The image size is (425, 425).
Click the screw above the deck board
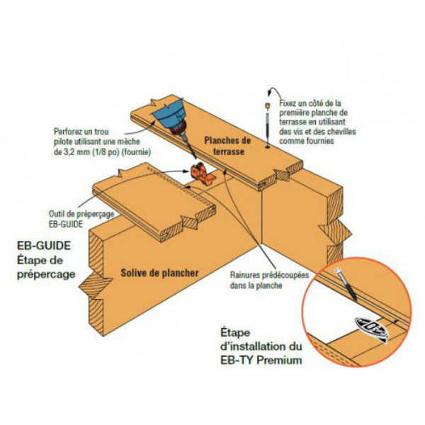click(268, 120)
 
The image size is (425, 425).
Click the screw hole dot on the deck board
click(268, 149)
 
